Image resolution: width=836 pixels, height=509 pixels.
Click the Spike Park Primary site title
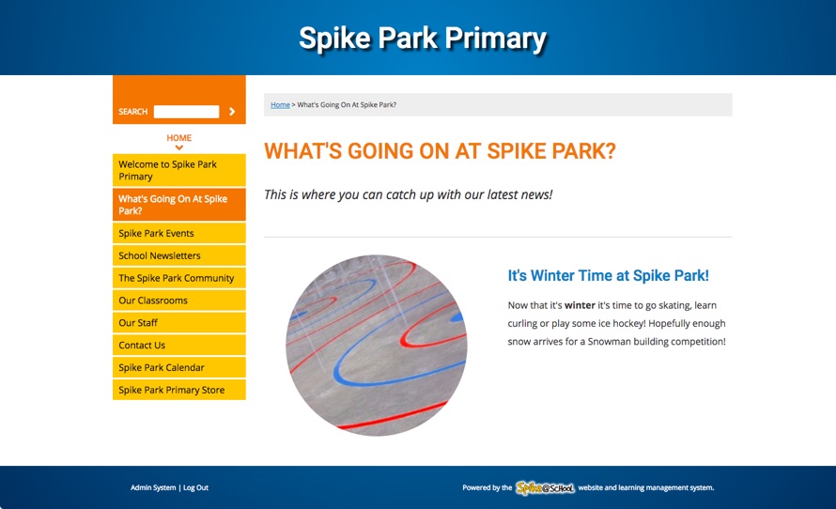[x=423, y=39]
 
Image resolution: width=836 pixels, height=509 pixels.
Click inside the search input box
[x=186, y=112]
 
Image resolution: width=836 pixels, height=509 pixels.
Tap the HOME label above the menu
[x=179, y=137]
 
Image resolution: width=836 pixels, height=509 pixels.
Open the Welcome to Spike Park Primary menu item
[x=179, y=170]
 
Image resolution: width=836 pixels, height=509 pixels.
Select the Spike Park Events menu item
[x=179, y=233]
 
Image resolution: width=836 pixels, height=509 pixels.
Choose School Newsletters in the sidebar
[x=179, y=255]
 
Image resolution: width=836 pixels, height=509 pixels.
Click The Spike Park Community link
[x=179, y=278]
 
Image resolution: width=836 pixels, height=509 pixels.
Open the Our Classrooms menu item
[x=179, y=301]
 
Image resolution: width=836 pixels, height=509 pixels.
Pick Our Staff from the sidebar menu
[x=179, y=322]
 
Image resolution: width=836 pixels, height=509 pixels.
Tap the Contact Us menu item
[x=179, y=345]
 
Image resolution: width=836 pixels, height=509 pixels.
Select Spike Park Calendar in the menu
[x=179, y=367]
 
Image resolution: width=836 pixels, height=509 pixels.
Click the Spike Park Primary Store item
[x=179, y=390]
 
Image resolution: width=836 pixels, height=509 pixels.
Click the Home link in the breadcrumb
[x=280, y=105]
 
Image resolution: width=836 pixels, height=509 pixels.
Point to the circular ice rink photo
[x=377, y=345]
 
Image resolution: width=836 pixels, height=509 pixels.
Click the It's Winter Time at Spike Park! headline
[x=609, y=275]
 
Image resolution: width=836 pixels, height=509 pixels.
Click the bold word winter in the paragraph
[x=580, y=305]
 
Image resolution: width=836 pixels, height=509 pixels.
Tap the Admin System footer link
[x=153, y=487]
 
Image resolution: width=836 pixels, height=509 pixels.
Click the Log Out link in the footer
[x=195, y=487]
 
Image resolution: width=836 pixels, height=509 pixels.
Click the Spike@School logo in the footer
[x=545, y=487]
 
